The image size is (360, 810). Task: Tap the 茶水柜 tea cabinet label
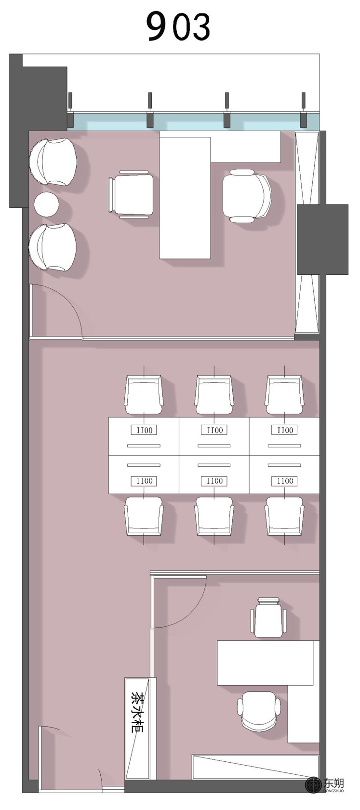click(137, 712)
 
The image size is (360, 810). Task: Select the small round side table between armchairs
click(46, 204)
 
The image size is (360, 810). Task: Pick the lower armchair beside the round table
click(53, 247)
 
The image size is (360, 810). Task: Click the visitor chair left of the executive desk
click(130, 195)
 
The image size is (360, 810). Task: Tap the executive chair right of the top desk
click(247, 195)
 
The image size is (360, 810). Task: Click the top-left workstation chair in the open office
click(144, 394)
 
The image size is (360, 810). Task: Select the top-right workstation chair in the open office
click(284, 394)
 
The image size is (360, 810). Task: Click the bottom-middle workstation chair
click(214, 516)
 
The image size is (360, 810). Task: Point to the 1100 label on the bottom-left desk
click(144, 481)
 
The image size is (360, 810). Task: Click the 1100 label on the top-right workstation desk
click(285, 430)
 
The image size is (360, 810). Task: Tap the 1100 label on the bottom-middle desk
click(214, 481)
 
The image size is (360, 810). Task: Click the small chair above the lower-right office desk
click(268, 618)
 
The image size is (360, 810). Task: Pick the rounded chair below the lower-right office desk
click(259, 711)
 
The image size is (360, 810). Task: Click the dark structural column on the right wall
click(322, 239)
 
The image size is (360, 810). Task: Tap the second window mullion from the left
click(150, 110)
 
